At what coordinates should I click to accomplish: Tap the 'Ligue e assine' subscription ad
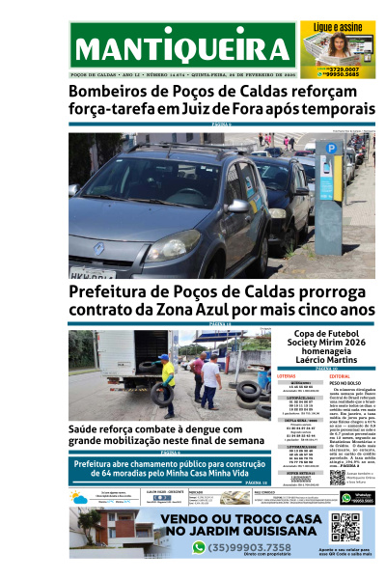point(337,47)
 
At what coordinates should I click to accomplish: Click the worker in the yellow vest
point(166,381)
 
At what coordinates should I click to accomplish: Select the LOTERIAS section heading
point(288,375)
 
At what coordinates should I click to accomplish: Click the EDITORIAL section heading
point(342,375)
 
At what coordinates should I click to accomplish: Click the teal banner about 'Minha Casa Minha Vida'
point(169,469)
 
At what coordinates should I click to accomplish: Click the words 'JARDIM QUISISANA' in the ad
point(253,529)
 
